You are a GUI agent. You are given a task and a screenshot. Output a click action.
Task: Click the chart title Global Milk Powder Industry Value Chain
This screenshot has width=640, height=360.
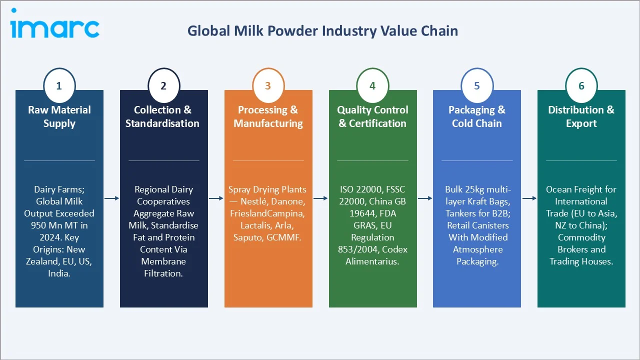click(322, 31)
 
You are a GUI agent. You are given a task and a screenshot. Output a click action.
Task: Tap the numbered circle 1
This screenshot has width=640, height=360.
click(59, 86)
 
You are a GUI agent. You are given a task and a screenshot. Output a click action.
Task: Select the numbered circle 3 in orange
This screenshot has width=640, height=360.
click(267, 86)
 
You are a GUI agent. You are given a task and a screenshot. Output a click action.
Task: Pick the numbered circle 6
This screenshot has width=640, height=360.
click(581, 86)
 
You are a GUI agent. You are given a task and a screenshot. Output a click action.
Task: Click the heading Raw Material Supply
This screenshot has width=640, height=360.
click(59, 116)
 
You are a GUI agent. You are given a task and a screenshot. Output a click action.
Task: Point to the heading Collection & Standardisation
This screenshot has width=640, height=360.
click(162, 116)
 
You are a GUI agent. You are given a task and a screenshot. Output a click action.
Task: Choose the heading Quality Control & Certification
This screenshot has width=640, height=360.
click(372, 116)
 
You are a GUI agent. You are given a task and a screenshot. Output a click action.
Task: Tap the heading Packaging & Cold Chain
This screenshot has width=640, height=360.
click(476, 116)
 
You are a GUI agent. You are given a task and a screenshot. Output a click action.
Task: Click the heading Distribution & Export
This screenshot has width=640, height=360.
click(581, 116)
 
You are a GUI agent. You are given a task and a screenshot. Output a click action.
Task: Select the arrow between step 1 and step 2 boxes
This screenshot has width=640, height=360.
click(111, 198)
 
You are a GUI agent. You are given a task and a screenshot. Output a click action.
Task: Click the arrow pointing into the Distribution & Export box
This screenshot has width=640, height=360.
click(529, 198)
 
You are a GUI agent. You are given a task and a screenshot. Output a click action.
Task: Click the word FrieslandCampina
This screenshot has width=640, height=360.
click(267, 213)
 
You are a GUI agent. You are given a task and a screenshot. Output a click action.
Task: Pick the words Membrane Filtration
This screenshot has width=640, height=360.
click(163, 267)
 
